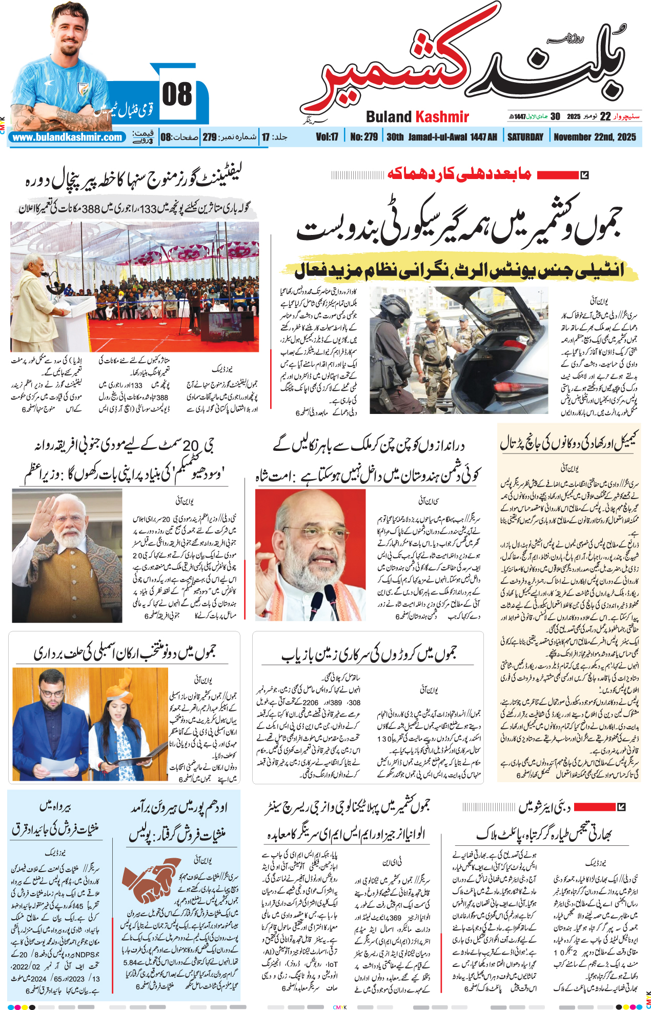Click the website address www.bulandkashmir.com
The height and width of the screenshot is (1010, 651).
pos(68,137)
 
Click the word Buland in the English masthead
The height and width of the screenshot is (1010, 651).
pos(389,117)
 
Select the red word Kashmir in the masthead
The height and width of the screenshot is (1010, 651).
pos(441,117)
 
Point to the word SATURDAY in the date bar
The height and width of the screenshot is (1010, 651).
pos(525,137)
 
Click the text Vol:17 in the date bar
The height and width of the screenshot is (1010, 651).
pos(327,137)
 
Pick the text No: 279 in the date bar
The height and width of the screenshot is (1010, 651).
pos(364,137)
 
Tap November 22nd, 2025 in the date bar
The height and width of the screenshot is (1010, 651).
pos(595,137)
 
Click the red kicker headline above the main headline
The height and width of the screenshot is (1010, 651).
pos(458,174)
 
